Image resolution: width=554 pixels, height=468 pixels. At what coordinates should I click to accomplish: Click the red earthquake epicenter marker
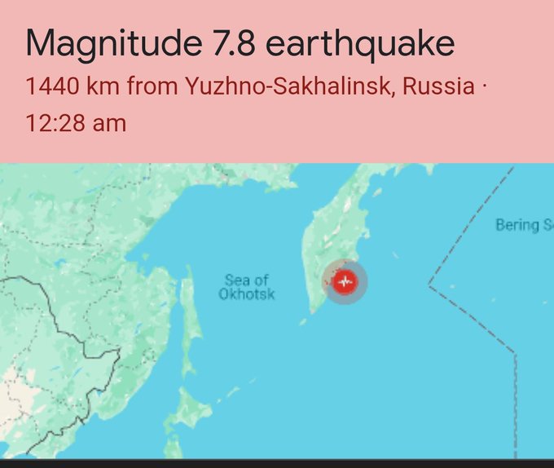pyautogui.click(x=345, y=282)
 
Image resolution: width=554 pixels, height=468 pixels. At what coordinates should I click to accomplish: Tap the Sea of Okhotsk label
pyautogui.click(x=246, y=287)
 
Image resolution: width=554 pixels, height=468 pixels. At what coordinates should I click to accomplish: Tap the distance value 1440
pyautogui.click(x=51, y=86)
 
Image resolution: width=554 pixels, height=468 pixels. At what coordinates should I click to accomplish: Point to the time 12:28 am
pyautogui.click(x=76, y=123)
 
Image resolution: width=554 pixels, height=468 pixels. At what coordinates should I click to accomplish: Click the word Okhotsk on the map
pyautogui.click(x=246, y=294)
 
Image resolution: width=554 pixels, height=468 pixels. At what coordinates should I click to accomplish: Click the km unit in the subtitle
pyautogui.click(x=101, y=86)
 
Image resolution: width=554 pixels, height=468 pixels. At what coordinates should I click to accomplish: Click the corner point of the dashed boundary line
pyautogui.click(x=429, y=285)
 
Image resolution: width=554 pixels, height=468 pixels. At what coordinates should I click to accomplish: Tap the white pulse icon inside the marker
pyautogui.click(x=345, y=282)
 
